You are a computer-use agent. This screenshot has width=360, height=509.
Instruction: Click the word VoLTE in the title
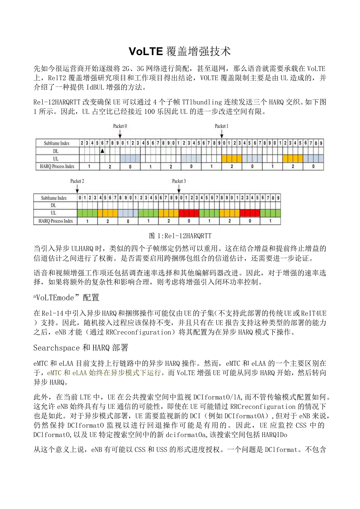(145, 51)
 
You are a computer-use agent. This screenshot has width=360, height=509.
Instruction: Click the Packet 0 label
(120, 126)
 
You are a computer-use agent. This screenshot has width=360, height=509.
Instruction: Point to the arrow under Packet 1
(221, 133)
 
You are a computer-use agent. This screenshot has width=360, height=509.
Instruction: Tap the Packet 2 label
(77, 181)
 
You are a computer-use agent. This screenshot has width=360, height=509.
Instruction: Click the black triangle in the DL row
(102, 151)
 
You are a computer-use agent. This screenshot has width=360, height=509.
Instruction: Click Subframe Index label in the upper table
(55, 143)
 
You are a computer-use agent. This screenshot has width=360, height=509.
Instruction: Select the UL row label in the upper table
(55, 158)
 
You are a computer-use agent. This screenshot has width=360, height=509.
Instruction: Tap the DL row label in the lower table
(54, 205)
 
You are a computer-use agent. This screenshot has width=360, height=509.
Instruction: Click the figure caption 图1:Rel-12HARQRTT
(180, 236)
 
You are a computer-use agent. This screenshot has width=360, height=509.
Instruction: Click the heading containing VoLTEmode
(67, 298)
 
